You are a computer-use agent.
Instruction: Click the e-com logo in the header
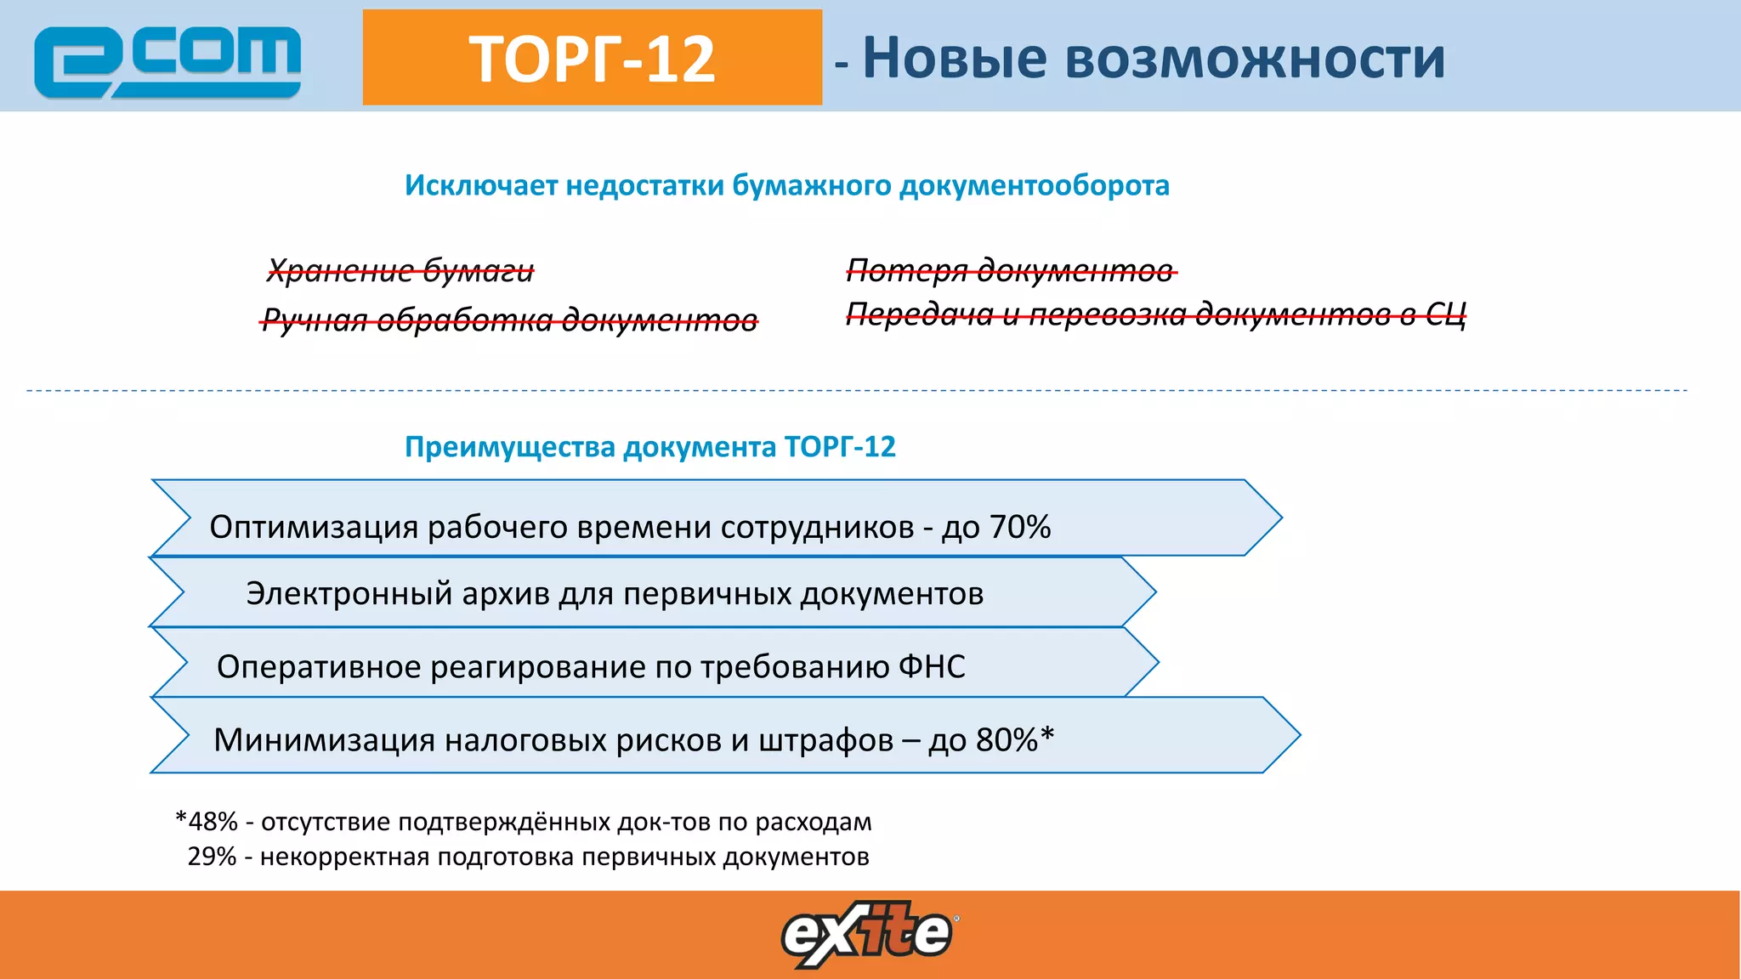point(167,61)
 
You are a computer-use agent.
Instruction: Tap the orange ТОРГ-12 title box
point(592,58)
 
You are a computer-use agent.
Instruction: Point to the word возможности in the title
point(1254,59)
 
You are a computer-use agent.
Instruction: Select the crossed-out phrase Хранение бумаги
point(400,271)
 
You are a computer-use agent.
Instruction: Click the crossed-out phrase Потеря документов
point(1011,270)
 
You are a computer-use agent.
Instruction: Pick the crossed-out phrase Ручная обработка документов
point(509,320)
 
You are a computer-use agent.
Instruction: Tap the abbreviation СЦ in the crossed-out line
point(1445,314)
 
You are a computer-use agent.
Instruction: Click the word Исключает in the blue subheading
point(480,185)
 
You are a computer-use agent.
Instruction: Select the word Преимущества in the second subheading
point(510,447)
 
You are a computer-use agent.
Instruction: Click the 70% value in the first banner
point(1020,527)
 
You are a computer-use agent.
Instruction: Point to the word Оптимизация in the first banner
point(314,527)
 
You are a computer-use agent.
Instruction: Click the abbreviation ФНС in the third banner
point(932,667)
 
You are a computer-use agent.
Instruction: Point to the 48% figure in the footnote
point(213,822)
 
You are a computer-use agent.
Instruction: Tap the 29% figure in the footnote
point(212,857)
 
